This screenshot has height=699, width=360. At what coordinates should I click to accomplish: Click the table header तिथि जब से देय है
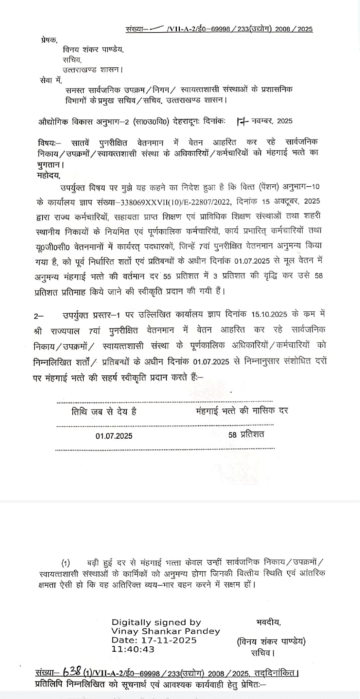click(x=105, y=412)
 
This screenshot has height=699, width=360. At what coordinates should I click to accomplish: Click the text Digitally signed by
click(x=156, y=621)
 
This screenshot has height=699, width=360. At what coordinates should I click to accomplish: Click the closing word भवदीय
click(x=269, y=622)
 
